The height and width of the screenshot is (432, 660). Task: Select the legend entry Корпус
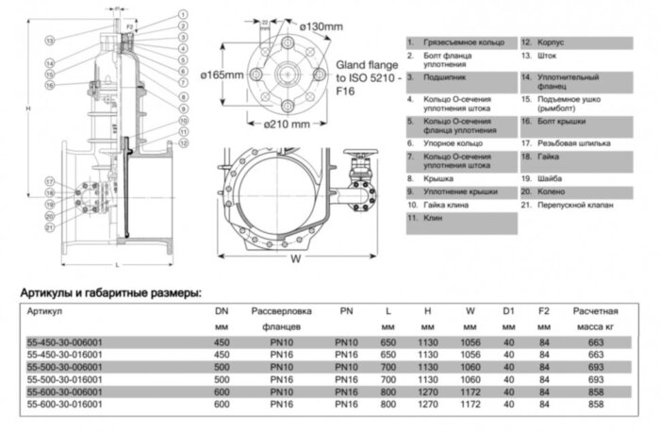point(549,43)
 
